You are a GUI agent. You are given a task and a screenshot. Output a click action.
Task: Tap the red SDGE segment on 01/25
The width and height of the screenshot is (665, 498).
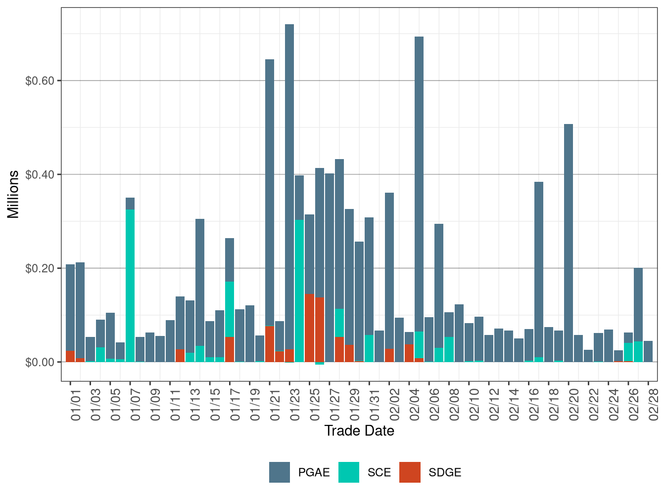pos(310,328)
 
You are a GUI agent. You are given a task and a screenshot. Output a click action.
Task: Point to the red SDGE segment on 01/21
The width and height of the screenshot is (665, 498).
pos(270,344)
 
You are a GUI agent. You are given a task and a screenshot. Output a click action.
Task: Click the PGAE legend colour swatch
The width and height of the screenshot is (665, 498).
pos(280,472)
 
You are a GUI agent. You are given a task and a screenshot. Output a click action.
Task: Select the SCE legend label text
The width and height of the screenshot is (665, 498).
pos(379,473)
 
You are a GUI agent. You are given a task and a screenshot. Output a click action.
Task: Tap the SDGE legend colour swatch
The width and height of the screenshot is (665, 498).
pos(410,472)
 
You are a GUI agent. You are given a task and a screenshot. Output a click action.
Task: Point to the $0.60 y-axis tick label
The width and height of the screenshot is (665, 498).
pos(40,81)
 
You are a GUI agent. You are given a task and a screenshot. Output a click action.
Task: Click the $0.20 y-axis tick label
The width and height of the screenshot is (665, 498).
pos(40,268)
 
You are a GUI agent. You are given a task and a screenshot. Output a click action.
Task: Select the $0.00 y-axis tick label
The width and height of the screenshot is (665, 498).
pos(40,362)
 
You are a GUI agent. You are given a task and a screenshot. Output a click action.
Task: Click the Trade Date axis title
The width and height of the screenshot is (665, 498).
pos(359,431)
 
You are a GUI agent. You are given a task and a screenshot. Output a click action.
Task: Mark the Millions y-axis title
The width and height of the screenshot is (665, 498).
pos(13,194)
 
